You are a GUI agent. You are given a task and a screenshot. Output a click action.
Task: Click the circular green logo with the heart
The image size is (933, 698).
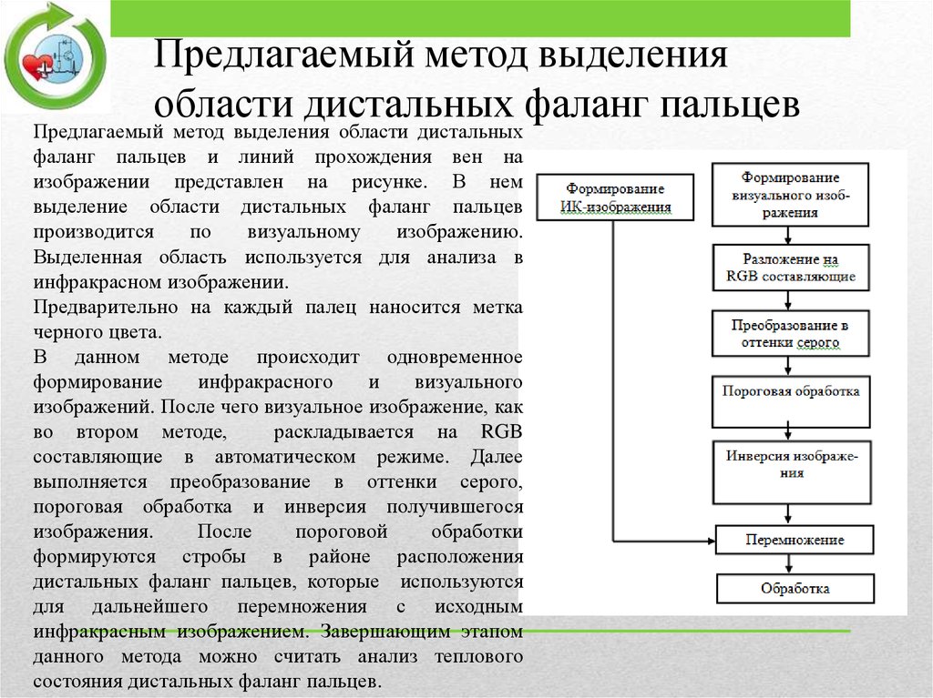[55, 56]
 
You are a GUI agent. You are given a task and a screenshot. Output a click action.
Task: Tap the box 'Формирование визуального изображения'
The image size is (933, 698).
[790, 194]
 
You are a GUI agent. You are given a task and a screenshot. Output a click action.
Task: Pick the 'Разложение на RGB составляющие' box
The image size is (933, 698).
[790, 267]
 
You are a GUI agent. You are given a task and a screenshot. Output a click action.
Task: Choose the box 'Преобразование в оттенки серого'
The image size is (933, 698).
[790, 334]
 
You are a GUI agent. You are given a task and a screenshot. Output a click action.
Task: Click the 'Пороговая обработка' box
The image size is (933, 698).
[790, 392]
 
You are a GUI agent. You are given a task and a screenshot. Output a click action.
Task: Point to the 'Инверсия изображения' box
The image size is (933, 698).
[790, 462]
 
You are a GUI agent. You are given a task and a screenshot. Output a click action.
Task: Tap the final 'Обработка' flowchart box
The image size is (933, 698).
[795, 588]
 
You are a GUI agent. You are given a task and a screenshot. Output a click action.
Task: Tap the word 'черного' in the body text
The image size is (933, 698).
[67, 332]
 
